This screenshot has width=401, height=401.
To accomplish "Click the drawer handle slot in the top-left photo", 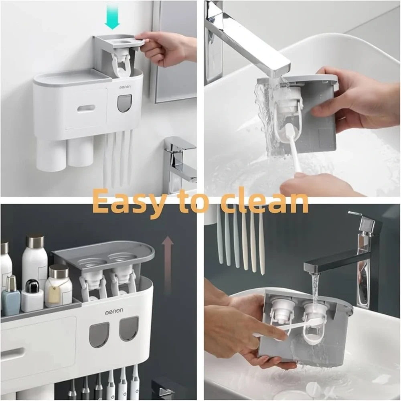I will click(86, 108).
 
